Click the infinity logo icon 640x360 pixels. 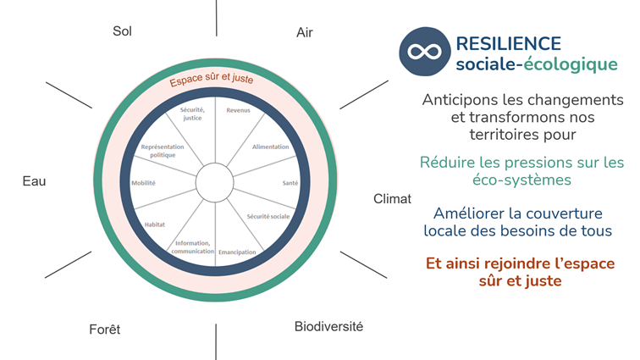[424, 51]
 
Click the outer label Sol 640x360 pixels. [123, 31]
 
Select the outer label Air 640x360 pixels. [305, 32]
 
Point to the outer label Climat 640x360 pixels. [392, 199]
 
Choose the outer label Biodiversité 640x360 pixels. [328, 326]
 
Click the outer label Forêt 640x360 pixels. [105, 330]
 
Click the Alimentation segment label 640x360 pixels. [271, 147]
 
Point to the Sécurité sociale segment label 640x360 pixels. [268, 217]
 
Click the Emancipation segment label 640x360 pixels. [237, 252]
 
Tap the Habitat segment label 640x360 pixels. [154, 224]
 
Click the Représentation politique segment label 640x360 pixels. [157, 151]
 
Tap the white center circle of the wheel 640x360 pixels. [215, 181]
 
